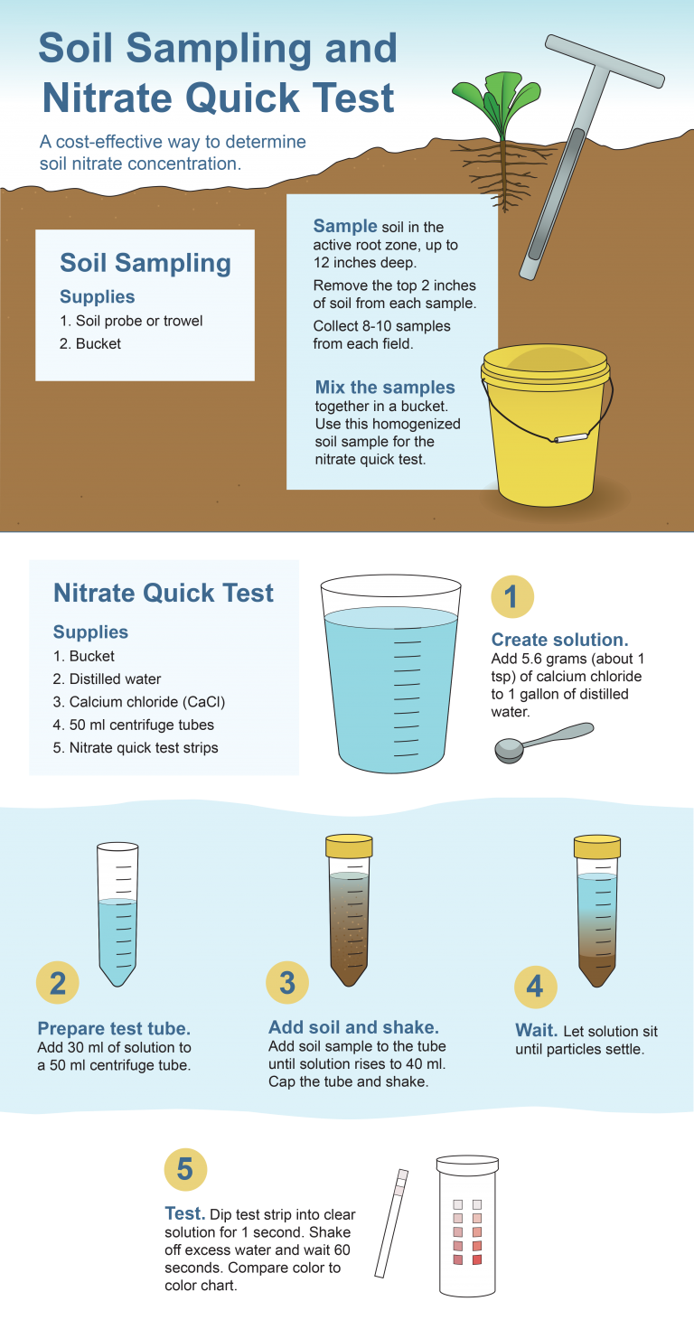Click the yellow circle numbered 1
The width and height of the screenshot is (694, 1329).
[x=511, y=596]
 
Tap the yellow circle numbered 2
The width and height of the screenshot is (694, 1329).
[x=58, y=983]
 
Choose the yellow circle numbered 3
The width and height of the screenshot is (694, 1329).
[x=287, y=983]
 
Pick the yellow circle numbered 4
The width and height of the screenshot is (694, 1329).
[x=535, y=986]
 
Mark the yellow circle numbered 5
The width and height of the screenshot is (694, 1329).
[x=185, y=1170]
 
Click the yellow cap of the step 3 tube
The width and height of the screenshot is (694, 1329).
[x=348, y=847]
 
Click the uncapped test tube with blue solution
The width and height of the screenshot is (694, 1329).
[x=117, y=913]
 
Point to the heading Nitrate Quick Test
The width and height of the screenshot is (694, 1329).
[x=164, y=594]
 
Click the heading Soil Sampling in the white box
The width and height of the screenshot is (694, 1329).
[x=145, y=264]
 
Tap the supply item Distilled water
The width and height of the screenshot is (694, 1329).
[x=103, y=679]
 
